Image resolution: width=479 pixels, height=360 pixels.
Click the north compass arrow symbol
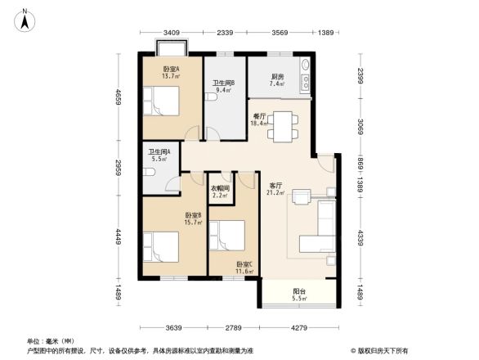click(25, 19)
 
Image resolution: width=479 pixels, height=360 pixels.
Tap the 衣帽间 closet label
click(222, 191)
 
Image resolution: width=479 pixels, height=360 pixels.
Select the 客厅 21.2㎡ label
click(275, 190)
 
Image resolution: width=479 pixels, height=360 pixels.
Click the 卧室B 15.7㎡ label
click(193, 218)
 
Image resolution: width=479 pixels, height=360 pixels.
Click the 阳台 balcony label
click(300, 295)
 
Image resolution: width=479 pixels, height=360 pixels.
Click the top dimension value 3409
click(171, 32)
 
